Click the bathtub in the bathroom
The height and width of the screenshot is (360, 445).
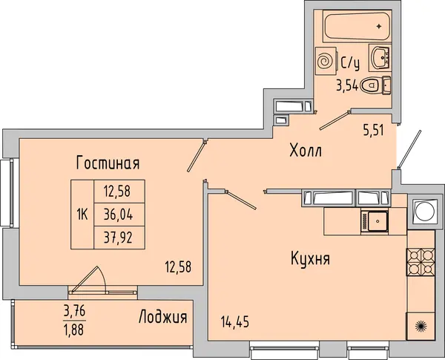coord(357,26)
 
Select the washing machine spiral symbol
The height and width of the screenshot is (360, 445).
coord(326,62)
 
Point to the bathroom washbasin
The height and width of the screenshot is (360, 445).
coord(380,58)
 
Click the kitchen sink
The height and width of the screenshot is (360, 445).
coord(375,221)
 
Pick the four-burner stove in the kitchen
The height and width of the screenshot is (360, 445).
coord(421,262)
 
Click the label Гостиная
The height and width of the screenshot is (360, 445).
coord(108,163)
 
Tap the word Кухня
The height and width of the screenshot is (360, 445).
coord(310,259)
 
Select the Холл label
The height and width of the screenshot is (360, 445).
coord(306,150)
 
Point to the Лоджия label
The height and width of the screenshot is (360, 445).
coord(163,316)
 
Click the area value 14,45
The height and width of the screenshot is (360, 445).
coord(235,322)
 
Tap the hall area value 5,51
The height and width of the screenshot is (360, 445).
coord(374,131)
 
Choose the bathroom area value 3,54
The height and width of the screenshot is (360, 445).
coord(347,85)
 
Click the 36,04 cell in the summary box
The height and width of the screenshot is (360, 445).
coord(119,215)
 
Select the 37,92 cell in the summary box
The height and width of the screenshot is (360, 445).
coord(119,238)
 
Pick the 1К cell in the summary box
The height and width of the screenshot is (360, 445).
coord(82,215)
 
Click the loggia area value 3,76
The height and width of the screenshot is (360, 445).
coord(75,312)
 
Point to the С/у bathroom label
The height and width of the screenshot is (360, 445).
coord(351,63)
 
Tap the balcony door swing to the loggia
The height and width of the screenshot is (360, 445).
coord(88,280)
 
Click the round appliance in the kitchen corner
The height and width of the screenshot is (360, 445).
coord(421,212)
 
